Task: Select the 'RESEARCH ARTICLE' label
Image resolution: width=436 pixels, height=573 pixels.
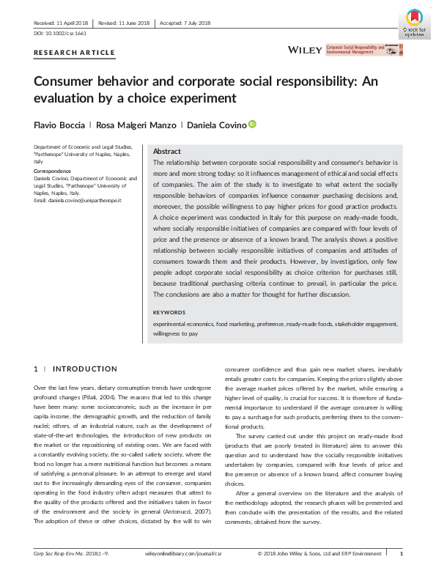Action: pos(75,53)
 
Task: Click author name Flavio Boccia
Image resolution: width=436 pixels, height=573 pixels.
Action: pos(58,124)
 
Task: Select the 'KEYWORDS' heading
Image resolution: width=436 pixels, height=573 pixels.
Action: pos(170,312)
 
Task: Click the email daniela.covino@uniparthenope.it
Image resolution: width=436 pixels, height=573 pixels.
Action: pos(77,200)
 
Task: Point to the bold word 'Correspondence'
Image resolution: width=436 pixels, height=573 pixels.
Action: pos(52,170)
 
